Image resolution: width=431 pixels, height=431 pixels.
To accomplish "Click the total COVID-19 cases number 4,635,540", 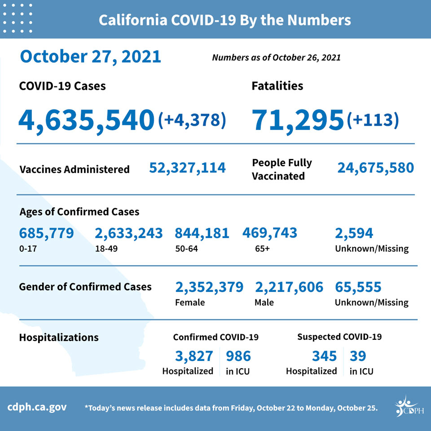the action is pyautogui.click(x=86, y=121).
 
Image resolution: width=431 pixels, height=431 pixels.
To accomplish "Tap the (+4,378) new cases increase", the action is pyautogui.click(x=192, y=120).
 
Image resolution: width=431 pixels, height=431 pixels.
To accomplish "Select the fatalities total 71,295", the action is pyautogui.click(x=298, y=121).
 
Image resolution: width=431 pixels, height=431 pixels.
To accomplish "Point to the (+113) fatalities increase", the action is pyautogui.click(x=373, y=120).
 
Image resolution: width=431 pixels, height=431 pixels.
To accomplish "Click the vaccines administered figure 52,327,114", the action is pyautogui.click(x=187, y=168).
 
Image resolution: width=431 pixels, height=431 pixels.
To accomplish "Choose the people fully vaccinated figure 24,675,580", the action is pyautogui.click(x=375, y=168).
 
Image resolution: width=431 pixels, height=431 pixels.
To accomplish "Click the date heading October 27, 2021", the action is pyautogui.click(x=90, y=57).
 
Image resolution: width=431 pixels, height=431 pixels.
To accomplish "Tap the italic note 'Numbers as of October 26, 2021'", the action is pyautogui.click(x=276, y=57).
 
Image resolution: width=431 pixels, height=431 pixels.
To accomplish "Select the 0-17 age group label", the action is pyautogui.click(x=28, y=248).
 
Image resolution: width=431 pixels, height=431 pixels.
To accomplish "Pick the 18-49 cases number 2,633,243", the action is pyautogui.click(x=129, y=233).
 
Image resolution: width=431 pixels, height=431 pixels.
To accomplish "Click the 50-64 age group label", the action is pyautogui.click(x=186, y=248).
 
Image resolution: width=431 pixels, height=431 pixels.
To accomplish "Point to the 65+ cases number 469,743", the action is pyautogui.click(x=270, y=233).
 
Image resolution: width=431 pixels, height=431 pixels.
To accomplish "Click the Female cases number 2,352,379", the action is pyautogui.click(x=209, y=287).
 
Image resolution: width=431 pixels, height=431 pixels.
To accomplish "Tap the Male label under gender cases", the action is pyautogui.click(x=264, y=302).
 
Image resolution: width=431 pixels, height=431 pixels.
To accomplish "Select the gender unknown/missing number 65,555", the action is pyautogui.click(x=358, y=287).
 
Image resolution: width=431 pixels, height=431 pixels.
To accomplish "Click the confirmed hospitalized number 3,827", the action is pyautogui.click(x=194, y=356).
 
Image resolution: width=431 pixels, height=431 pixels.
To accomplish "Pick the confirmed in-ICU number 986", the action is pyautogui.click(x=238, y=356).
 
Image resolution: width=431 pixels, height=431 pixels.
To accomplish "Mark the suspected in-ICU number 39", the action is pyautogui.click(x=358, y=356).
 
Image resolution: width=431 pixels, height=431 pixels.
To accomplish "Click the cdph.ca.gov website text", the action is pyautogui.click(x=37, y=407).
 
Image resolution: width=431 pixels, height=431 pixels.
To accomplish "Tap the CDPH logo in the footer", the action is pyautogui.click(x=409, y=407).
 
